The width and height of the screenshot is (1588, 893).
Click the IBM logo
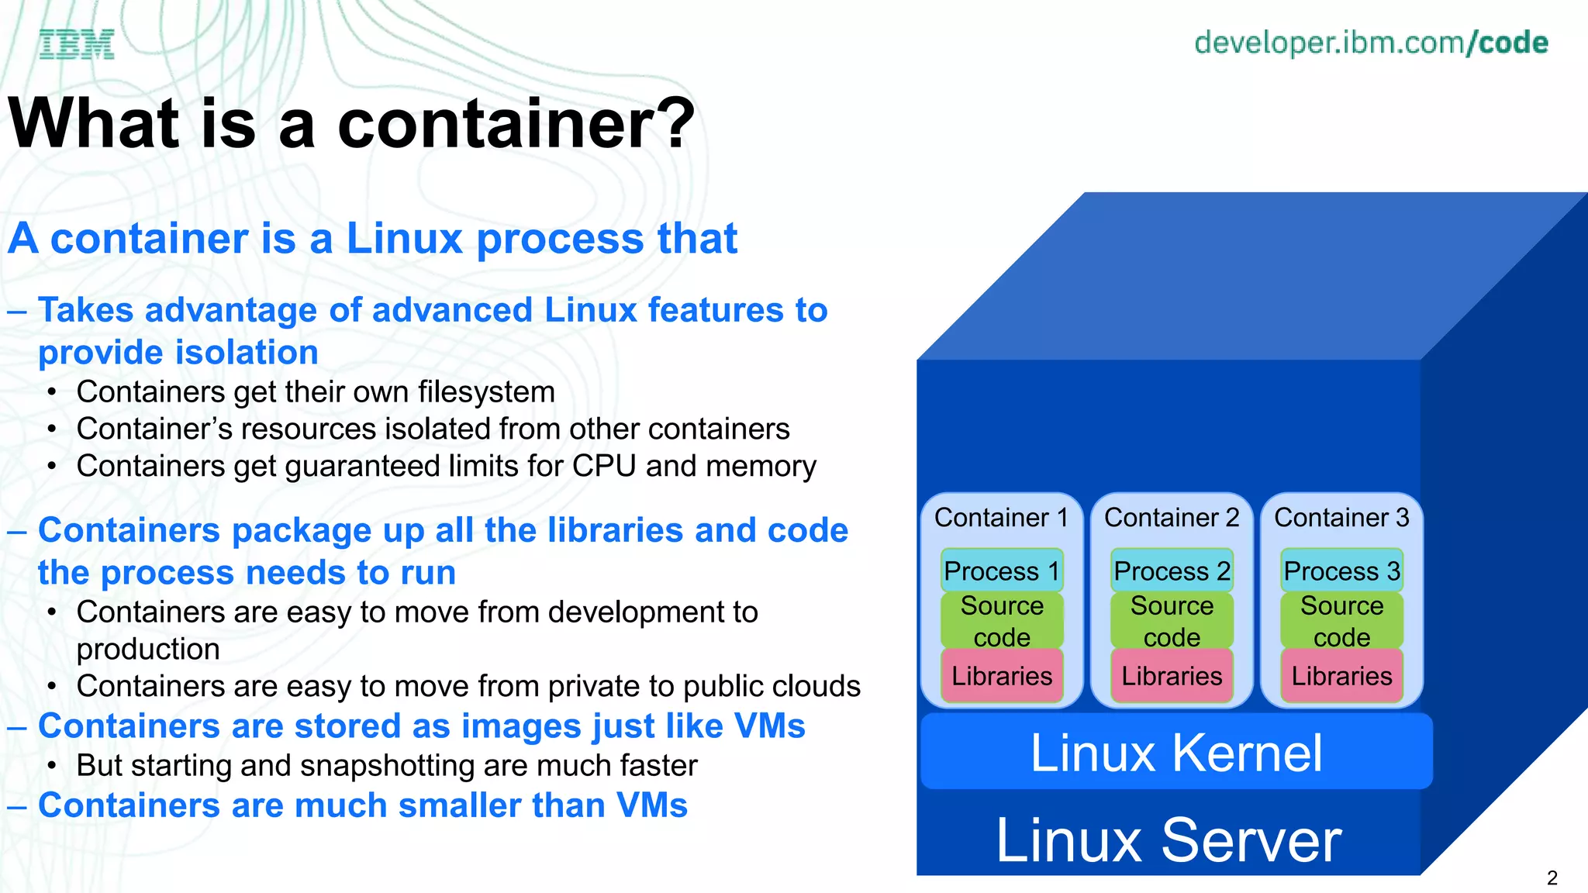pos(77,44)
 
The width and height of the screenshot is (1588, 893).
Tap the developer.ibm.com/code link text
pos(1370,43)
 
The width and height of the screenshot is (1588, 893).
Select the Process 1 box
pos(1001,571)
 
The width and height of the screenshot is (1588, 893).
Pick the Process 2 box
pos(1171,571)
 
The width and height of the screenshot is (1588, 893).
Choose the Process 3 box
pos(1341,571)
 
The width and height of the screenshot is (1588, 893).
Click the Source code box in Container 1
pos(1002,620)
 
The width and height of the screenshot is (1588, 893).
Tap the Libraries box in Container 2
pos(1171,676)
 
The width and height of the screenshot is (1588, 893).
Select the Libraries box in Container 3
pos(1341,676)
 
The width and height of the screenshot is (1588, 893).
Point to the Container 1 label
pos(1001,517)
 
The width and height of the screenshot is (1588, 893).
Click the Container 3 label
pos(1341,517)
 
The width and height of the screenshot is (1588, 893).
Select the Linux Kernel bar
pos(1175,752)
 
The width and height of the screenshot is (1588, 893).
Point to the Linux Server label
pos(1169,840)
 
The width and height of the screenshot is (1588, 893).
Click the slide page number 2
pos(1552,877)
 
